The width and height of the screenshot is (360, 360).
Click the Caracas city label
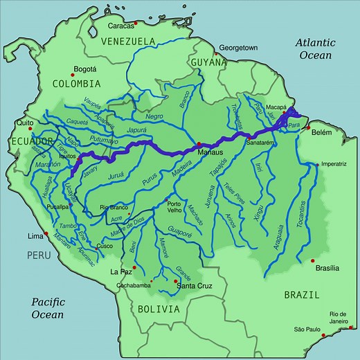(x=120, y=26)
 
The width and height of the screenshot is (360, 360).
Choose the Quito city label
(x=25, y=123)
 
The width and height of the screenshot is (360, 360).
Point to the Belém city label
(x=324, y=132)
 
